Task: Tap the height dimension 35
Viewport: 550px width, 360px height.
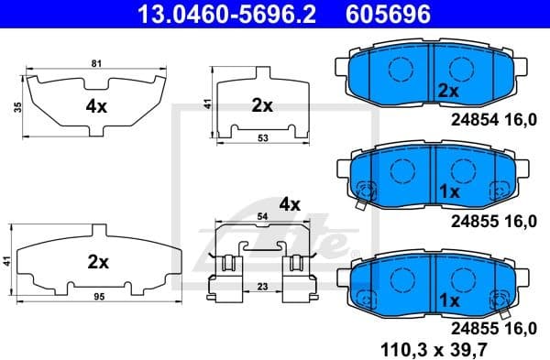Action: [17, 108]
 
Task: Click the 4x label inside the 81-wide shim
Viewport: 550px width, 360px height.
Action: [96, 106]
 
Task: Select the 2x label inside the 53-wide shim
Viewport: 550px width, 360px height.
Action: [262, 105]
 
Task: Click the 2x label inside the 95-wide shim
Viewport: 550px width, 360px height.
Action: [97, 262]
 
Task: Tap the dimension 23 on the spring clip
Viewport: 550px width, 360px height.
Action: [263, 287]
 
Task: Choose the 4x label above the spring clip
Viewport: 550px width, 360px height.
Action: [290, 203]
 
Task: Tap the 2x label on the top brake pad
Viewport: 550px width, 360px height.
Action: [448, 91]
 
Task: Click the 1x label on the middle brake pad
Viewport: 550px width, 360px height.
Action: [448, 192]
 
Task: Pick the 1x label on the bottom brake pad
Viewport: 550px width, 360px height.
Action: [448, 300]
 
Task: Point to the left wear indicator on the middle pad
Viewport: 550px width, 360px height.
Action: [367, 192]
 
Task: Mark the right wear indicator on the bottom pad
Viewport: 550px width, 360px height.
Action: [501, 299]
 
